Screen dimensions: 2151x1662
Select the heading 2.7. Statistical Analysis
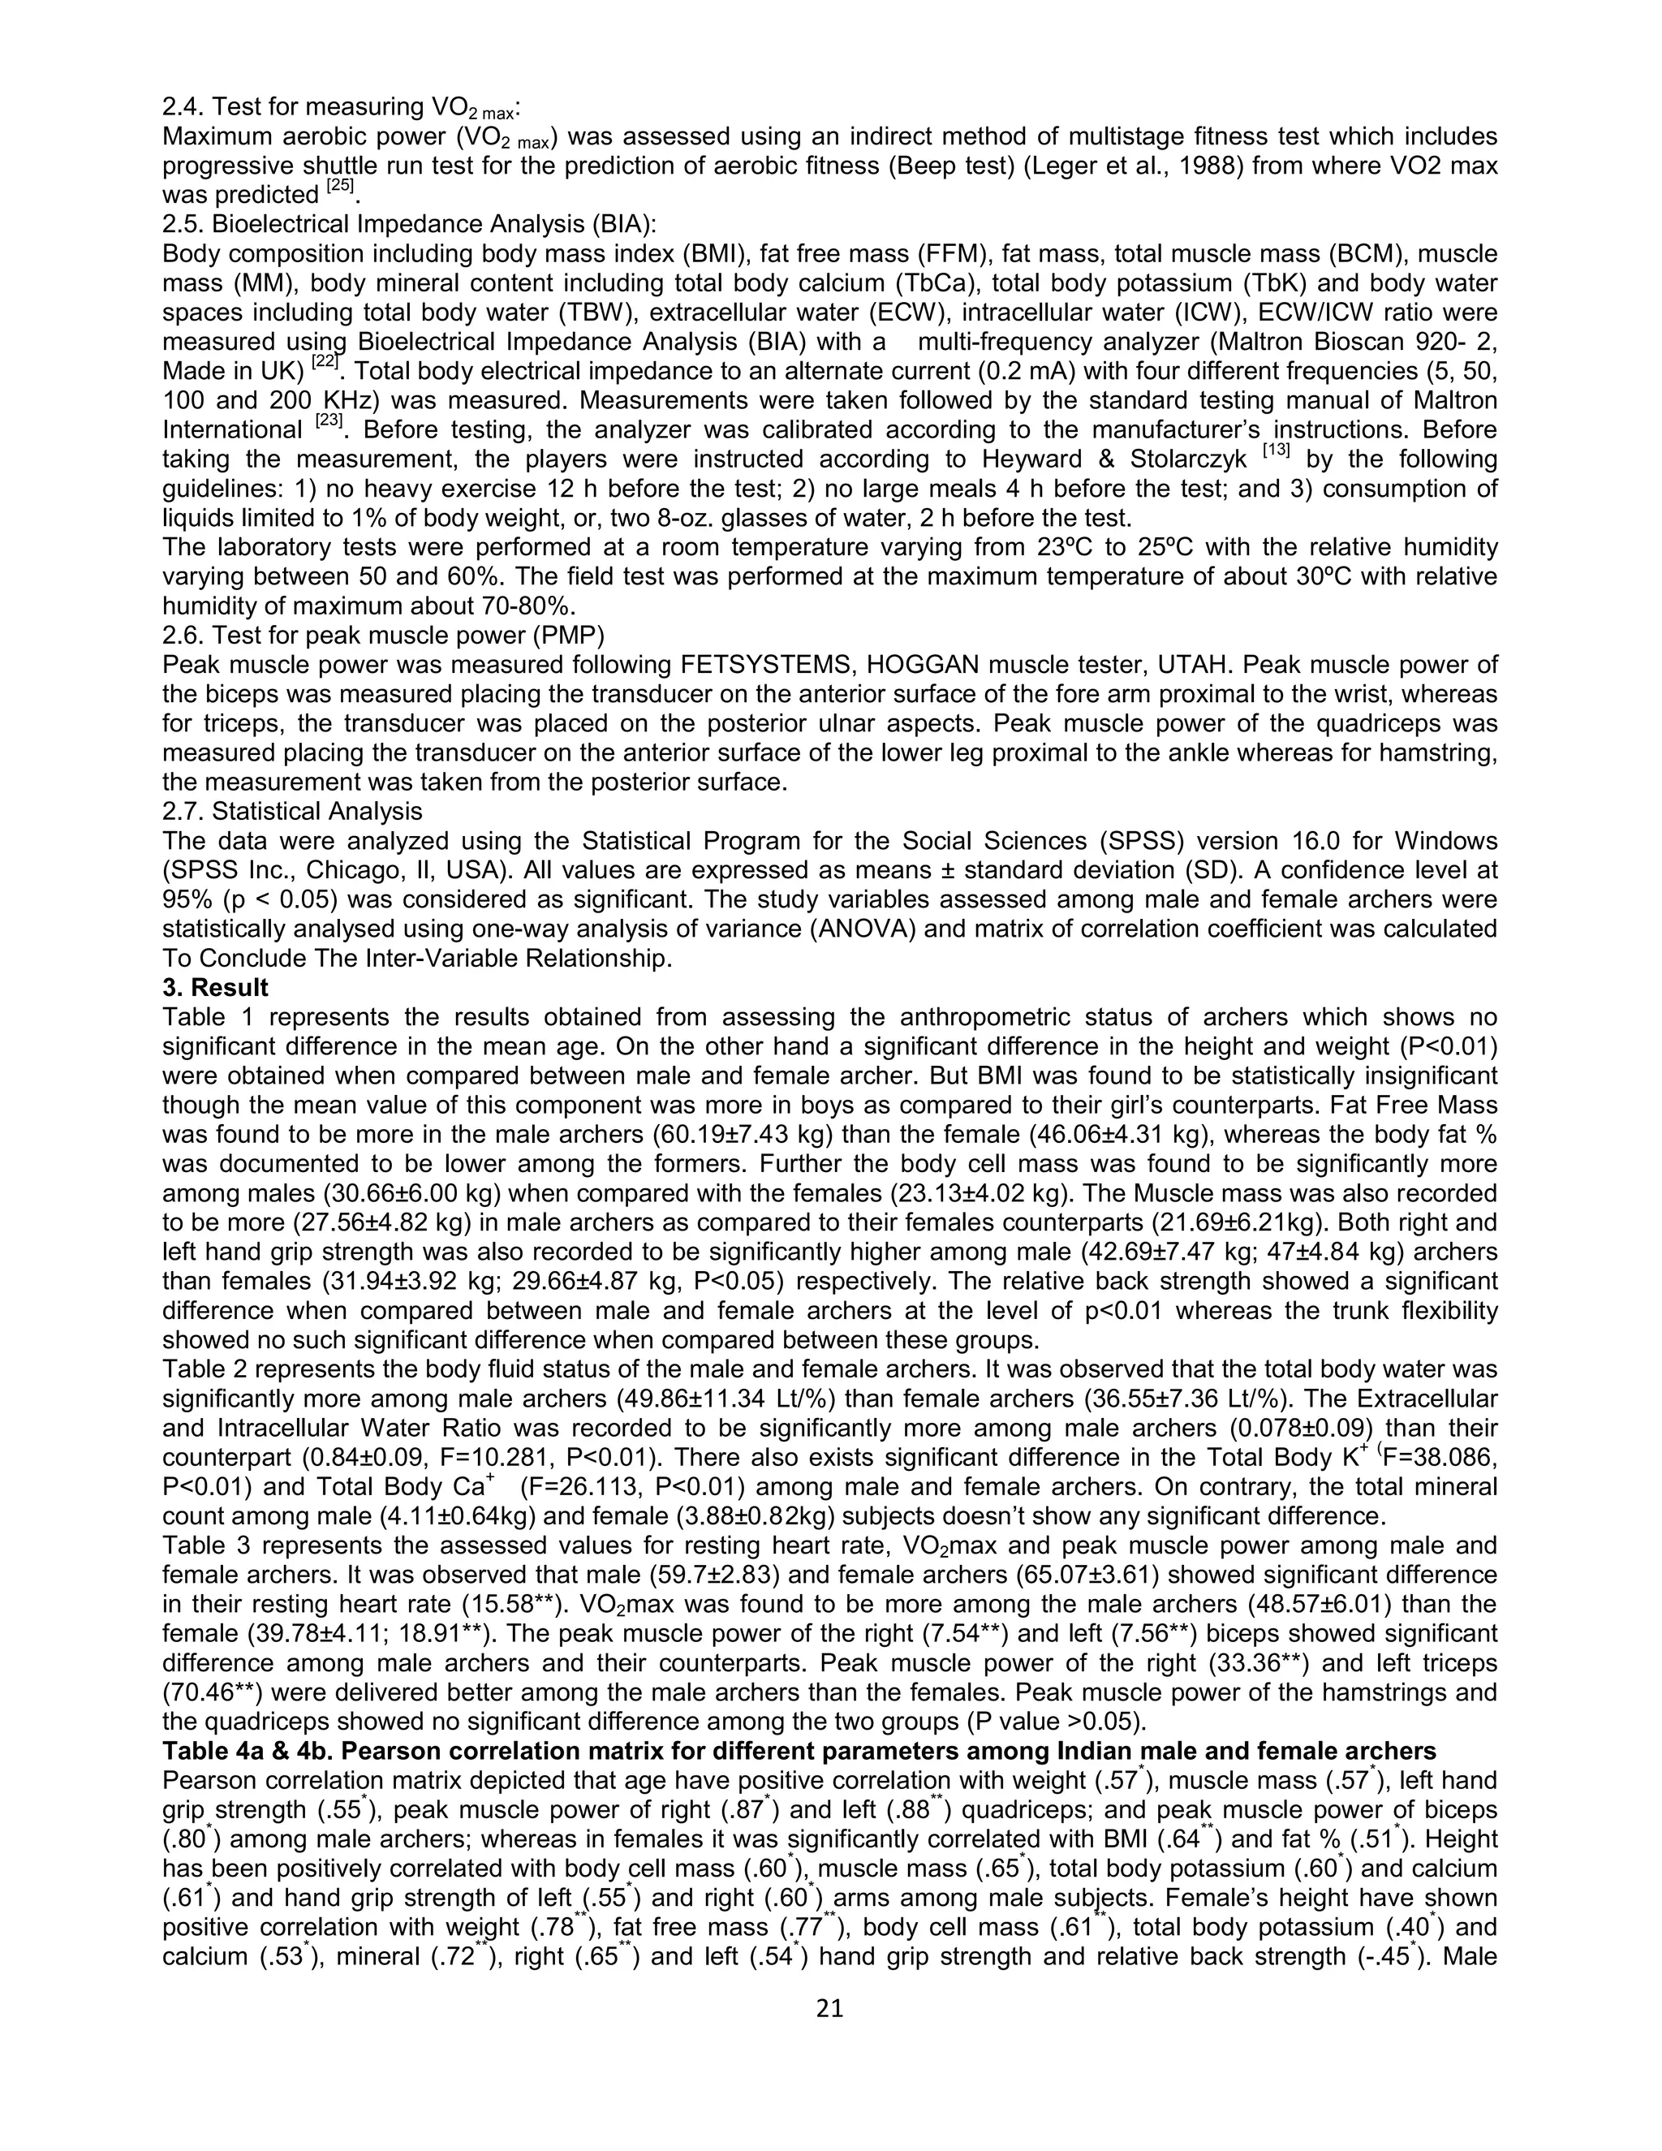pyautogui.click(x=292, y=812)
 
